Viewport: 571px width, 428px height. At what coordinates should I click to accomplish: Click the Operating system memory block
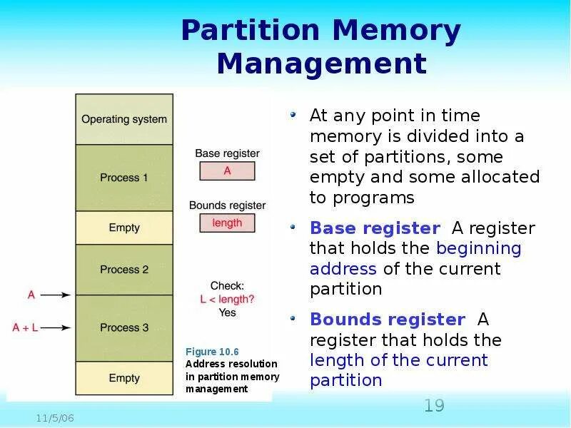click(x=124, y=119)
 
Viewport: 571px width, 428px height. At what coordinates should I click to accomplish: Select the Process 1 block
click(x=124, y=178)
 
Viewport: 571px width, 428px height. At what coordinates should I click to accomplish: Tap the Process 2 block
click(x=124, y=270)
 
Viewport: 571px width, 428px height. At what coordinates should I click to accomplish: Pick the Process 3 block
click(x=124, y=327)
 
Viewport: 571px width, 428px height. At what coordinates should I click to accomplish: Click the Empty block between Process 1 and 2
click(x=124, y=228)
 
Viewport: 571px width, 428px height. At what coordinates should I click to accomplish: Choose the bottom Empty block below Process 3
click(x=124, y=377)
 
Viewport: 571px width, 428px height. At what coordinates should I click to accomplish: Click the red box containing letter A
click(x=227, y=171)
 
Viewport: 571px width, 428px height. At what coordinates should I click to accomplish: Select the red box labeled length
click(x=227, y=223)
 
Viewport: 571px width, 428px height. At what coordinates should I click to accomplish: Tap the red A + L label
click(x=26, y=327)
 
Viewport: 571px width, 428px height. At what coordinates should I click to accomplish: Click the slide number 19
click(x=434, y=406)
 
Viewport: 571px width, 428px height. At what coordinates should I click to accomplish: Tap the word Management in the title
click(x=321, y=64)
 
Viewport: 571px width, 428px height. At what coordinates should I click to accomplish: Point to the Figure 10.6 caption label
click(x=212, y=352)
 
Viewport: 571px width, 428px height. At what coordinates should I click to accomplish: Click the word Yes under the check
click(x=228, y=312)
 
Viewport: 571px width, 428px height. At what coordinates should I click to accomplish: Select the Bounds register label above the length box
click(x=227, y=205)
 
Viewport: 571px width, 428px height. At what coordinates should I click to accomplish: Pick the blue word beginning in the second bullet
click(x=479, y=248)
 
